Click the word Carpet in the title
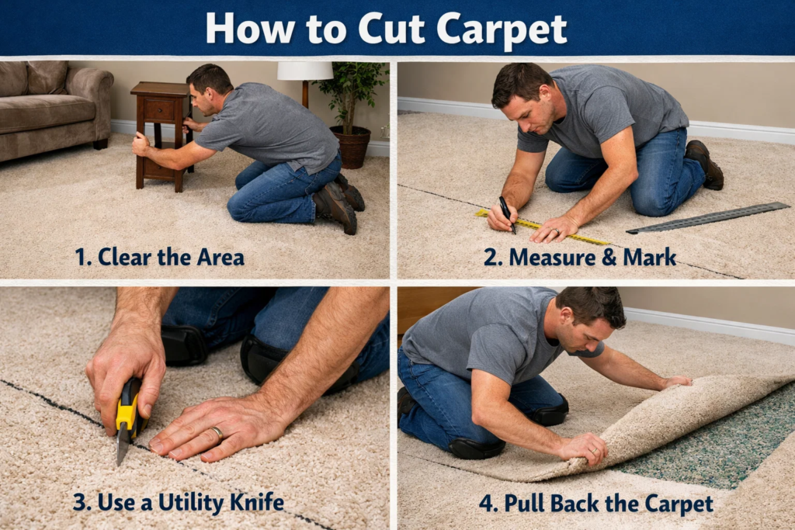501,28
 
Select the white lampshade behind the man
305,71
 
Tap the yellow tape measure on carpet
543,227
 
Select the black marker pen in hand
506,213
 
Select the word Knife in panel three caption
253,502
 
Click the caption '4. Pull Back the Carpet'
595,504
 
